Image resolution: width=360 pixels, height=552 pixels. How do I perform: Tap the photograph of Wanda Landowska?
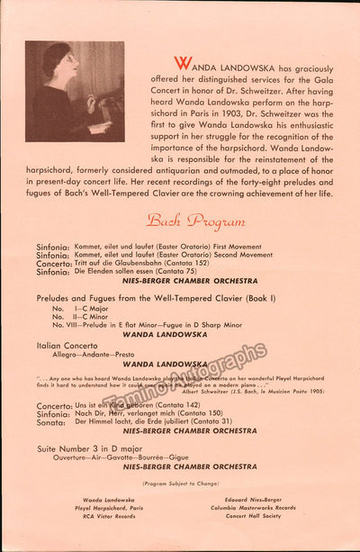[75, 92]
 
